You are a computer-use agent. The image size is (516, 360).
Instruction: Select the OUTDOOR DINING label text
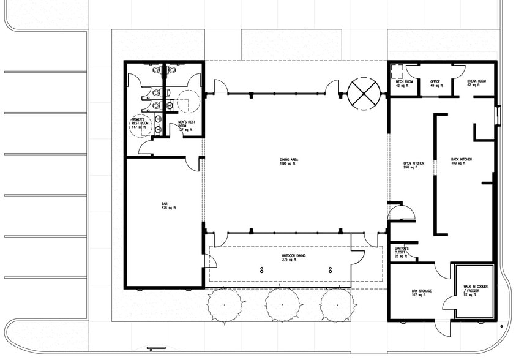pyautogui.click(x=294, y=257)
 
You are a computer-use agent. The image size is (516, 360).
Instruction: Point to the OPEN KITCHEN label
pyautogui.click(x=414, y=165)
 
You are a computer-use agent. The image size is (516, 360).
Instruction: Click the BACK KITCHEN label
pyautogui.click(x=462, y=162)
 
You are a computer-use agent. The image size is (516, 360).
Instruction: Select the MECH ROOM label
pyautogui.click(x=404, y=83)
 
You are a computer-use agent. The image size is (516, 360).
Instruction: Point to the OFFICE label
pyautogui.click(x=435, y=83)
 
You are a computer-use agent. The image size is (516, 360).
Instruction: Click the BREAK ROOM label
pyautogui.click(x=476, y=83)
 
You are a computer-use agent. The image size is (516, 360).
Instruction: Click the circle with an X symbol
pyautogui.click(x=364, y=94)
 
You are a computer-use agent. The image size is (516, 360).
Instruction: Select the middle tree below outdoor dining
pyautogui.click(x=281, y=304)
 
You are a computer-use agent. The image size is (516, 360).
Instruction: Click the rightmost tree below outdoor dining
pyautogui.click(x=336, y=304)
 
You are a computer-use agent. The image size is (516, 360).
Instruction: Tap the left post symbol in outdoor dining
pyautogui.click(x=262, y=270)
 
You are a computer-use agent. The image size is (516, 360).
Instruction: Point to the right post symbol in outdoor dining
pyautogui.click(x=330, y=270)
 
